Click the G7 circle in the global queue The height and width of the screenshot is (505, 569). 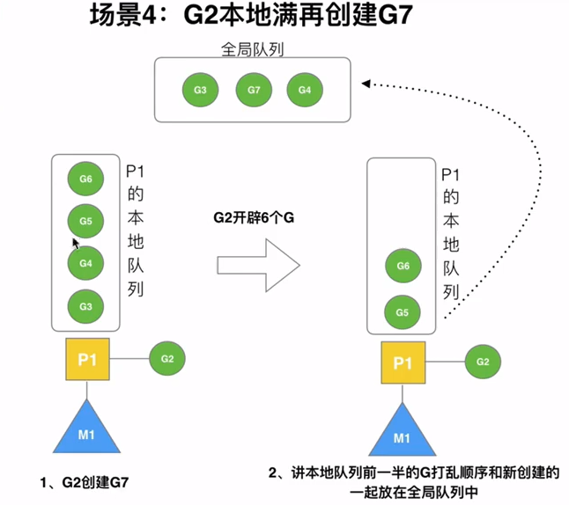[x=254, y=90]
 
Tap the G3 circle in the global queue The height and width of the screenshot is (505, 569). [x=200, y=90]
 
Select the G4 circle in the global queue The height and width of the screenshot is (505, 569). [x=305, y=90]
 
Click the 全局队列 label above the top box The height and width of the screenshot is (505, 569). [x=252, y=49]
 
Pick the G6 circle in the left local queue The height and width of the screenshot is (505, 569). [x=85, y=179]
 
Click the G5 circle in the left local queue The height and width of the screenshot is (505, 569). [x=85, y=221]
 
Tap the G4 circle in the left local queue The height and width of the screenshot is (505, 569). [x=85, y=263]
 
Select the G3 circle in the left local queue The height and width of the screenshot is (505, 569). [x=85, y=306]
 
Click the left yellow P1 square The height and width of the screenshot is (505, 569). [x=87, y=359]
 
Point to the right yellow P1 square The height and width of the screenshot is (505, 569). [x=403, y=362]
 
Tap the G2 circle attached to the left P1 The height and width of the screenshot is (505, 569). [x=167, y=359]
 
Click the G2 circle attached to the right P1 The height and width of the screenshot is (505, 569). [x=483, y=362]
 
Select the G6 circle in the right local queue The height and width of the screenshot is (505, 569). [x=403, y=266]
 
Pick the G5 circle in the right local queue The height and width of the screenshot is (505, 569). [x=403, y=312]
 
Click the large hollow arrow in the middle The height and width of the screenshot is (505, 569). [x=258, y=266]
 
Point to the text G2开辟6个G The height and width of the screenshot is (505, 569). [x=254, y=217]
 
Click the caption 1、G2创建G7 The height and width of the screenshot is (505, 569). [x=85, y=482]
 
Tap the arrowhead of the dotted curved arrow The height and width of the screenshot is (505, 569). [x=366, y=84]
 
